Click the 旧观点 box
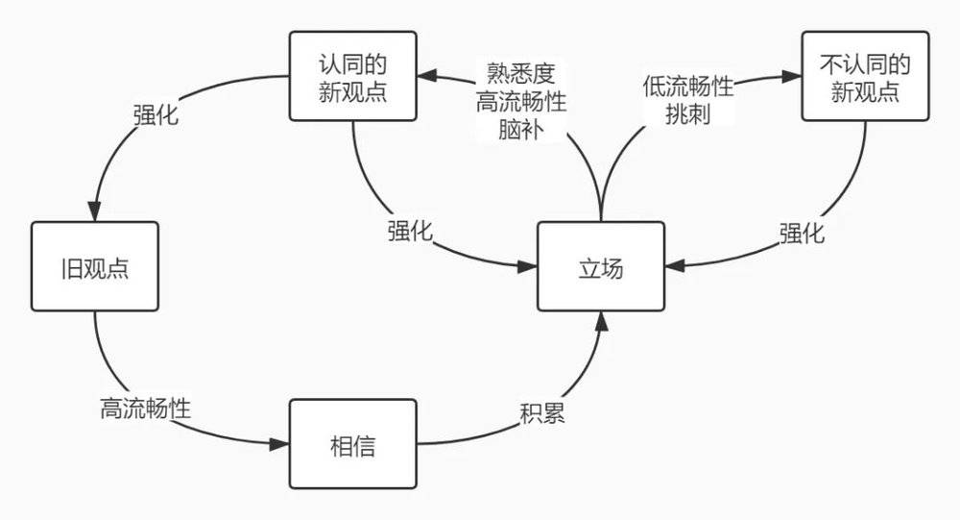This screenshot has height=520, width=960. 95,267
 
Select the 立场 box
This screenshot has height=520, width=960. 601,267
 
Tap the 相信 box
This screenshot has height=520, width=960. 352,444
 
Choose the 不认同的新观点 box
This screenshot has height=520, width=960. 865,76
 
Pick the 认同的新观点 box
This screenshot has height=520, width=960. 352,76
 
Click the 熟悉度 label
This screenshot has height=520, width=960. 520,73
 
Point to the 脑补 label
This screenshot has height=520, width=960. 520,129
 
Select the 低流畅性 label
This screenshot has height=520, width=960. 688,87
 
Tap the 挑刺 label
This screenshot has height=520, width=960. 687,114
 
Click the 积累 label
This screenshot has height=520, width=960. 541,413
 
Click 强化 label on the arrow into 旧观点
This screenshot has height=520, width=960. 156,114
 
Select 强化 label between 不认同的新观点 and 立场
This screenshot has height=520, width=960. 802,233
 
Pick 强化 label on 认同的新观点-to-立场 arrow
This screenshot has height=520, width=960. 410,232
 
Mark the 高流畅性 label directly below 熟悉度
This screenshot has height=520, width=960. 520,101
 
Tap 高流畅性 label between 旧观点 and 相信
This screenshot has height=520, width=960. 145,409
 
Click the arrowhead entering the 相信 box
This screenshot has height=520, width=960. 279,444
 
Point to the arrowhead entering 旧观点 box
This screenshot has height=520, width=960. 94,211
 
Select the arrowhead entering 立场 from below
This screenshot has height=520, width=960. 602,321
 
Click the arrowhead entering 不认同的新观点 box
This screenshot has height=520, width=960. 792,77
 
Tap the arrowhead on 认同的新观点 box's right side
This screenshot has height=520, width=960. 427,75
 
